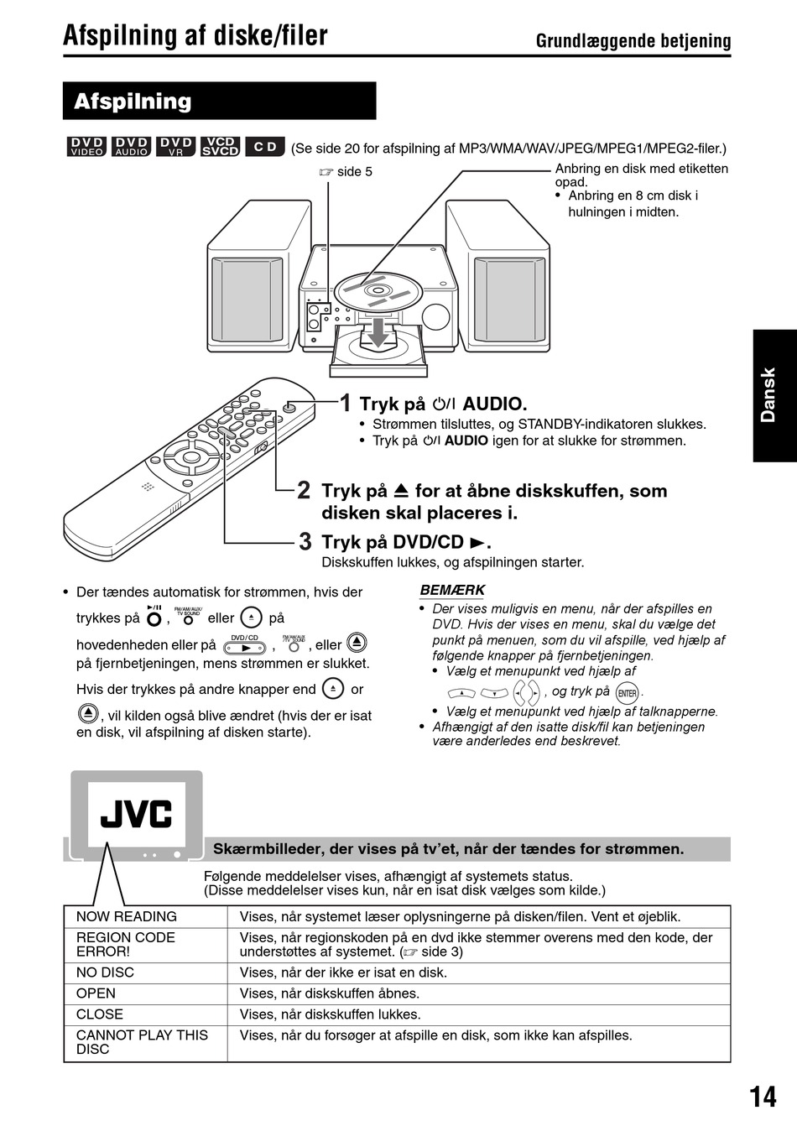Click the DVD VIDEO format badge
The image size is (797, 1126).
(x=86, y=147)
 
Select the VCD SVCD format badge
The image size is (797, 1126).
(x=221, y=147)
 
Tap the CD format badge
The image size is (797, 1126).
(x=265, y=147)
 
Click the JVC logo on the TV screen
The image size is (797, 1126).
(x=136, y=814)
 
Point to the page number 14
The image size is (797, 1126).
(x=763, y=1096)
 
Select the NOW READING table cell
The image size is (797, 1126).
(x=127, y=916)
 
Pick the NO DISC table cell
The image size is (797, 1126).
(x=105, y=972)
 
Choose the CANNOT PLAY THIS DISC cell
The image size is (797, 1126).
(x=142, y=1041)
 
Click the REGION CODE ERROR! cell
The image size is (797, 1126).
(x=126, y=944)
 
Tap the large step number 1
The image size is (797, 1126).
(x=346, y=404)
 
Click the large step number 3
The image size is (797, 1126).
(x=305, y=541)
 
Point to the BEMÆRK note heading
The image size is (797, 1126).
(x=452, y=590)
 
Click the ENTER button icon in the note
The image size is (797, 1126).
(x=627, y=693)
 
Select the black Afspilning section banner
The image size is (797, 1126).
(x=219, y=102)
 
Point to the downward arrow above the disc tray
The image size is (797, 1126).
(x=379, y=331)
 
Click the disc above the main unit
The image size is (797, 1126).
(x=377, y=289)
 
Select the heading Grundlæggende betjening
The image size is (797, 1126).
(x=633, y=40)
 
